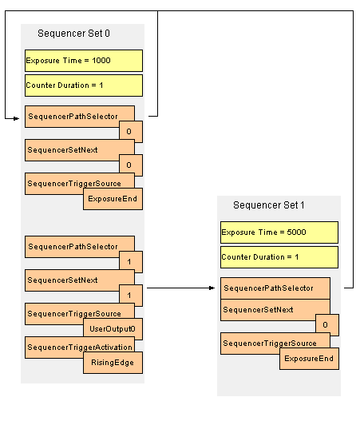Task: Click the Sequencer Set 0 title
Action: coord(73,34)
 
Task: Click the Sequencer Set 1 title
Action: coord(269,205)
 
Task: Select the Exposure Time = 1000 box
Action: coord(84,61)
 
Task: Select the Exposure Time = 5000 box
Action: coord(279,232)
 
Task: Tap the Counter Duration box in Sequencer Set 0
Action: coord(84,85)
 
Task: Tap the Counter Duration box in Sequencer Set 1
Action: coord(279,257)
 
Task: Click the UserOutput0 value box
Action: coord(113,329)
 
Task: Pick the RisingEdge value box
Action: coord(113,363)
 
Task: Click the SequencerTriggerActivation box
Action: coord(80,347)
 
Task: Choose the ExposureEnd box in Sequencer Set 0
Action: coord(113,199)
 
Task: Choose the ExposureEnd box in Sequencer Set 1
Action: coord(309,359)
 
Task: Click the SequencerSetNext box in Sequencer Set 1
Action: coord(275,310)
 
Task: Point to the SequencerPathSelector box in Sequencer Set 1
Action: coord(275,288)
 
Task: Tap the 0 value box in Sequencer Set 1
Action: coord(327,325)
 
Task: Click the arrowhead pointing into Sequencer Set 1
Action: coord(212,288)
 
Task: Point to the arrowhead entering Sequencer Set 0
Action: coord(16,118)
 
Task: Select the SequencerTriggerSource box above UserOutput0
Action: coord(80,313)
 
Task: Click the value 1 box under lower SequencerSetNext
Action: coord(131,296)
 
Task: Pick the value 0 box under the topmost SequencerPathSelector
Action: coord(131,132)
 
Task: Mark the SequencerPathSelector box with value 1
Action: coord(80,246)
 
